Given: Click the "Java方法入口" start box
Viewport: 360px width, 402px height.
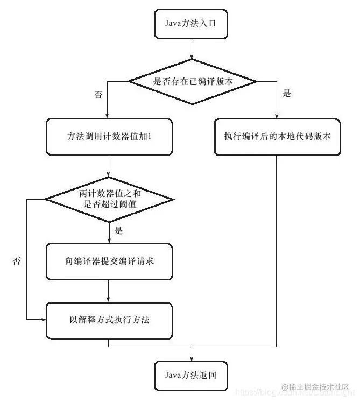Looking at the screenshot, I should pyautogui.click(x=192, y=24).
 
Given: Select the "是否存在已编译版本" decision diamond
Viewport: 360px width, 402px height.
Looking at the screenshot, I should pyautogui.click(x=192, y=82).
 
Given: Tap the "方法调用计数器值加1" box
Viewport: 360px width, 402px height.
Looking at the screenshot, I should pyautogui.click(x=109, y=137).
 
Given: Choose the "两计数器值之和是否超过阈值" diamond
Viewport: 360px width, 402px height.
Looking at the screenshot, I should pyautogui.click(x=109, y=198).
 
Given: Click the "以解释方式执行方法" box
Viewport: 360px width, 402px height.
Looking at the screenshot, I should pyautogui.click(x=109, y=320).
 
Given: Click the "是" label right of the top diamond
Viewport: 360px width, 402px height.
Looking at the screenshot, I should pyautogui.click(x=286, y=94).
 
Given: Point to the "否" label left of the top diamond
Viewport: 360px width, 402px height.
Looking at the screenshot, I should pyautogui.click(x=98, y=95).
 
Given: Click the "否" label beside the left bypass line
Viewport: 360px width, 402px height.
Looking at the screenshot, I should pyautogui.click(x=17, y=261).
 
